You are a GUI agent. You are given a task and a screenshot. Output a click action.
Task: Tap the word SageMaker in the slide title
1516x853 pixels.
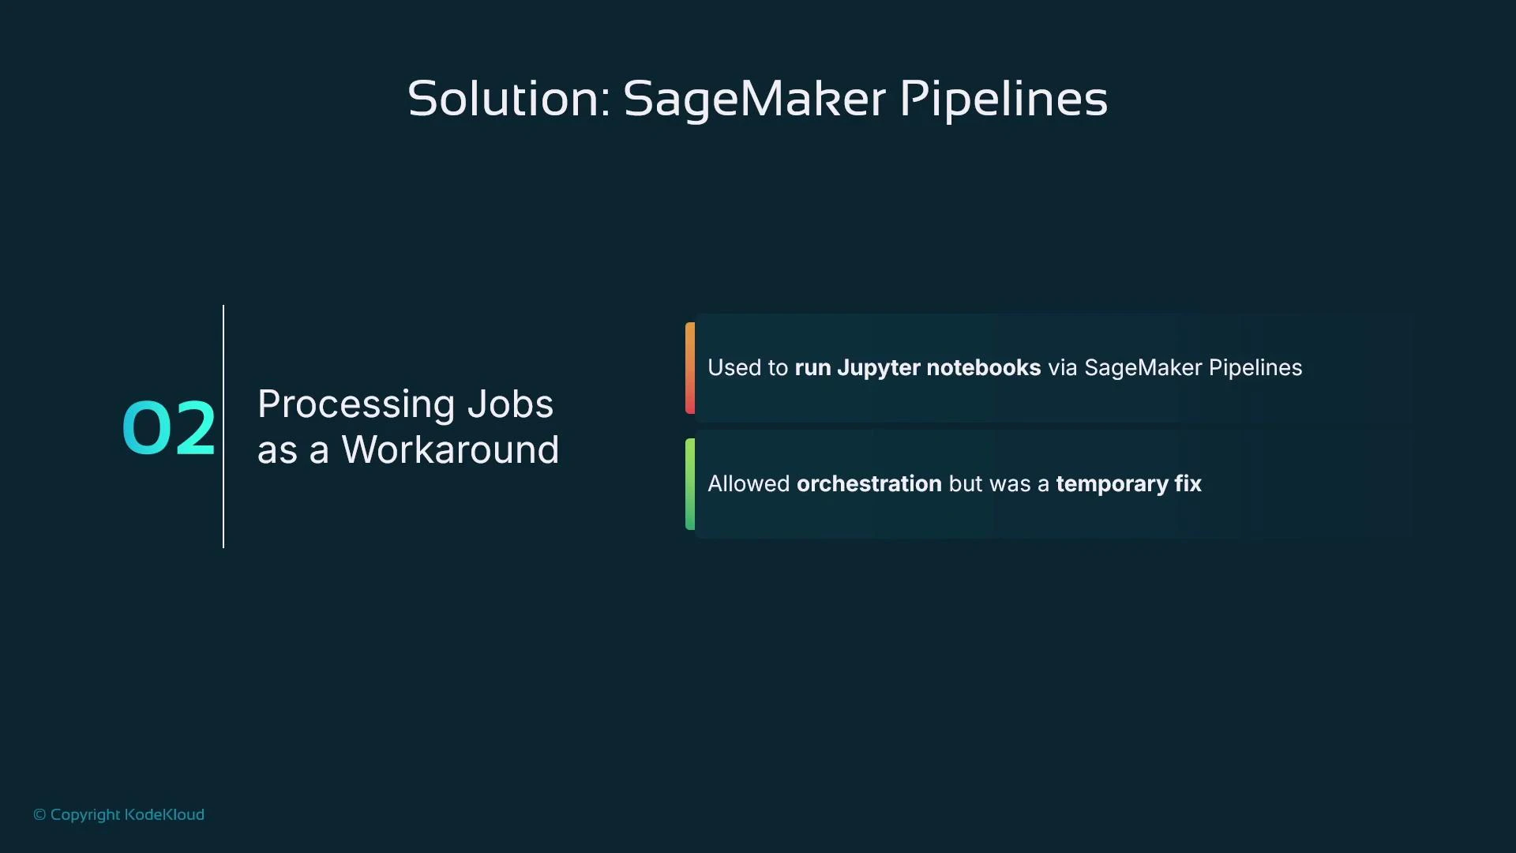point(754,100)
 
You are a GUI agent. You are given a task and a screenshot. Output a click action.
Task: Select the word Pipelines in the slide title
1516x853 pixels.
point(1004,100)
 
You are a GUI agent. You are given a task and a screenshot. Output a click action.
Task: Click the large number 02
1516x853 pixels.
point(168,428)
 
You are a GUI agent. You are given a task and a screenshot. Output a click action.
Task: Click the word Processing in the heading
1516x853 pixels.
point(355,404)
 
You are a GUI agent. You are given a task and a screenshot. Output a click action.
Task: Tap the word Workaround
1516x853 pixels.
point(450,450)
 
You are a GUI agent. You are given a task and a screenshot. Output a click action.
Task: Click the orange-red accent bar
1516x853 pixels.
point(690,368)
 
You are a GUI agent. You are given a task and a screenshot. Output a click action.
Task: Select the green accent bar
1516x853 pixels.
point(690,484)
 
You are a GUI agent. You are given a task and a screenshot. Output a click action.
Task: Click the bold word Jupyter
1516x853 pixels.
point(878,368)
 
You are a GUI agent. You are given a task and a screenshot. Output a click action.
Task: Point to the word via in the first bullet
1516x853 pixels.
point(1062,368)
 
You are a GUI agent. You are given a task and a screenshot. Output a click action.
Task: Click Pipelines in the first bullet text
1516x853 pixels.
point(1255,368)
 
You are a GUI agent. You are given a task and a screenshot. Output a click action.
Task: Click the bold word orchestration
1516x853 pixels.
point(869,484)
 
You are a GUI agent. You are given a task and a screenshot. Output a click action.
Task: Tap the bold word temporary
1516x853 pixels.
point(1112,484)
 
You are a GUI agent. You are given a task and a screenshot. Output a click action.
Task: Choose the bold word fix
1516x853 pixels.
point(1188,484)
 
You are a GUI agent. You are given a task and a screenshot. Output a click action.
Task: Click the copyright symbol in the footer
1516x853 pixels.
point(39,815)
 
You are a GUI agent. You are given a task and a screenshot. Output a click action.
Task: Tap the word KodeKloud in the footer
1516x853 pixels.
point(164,815)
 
